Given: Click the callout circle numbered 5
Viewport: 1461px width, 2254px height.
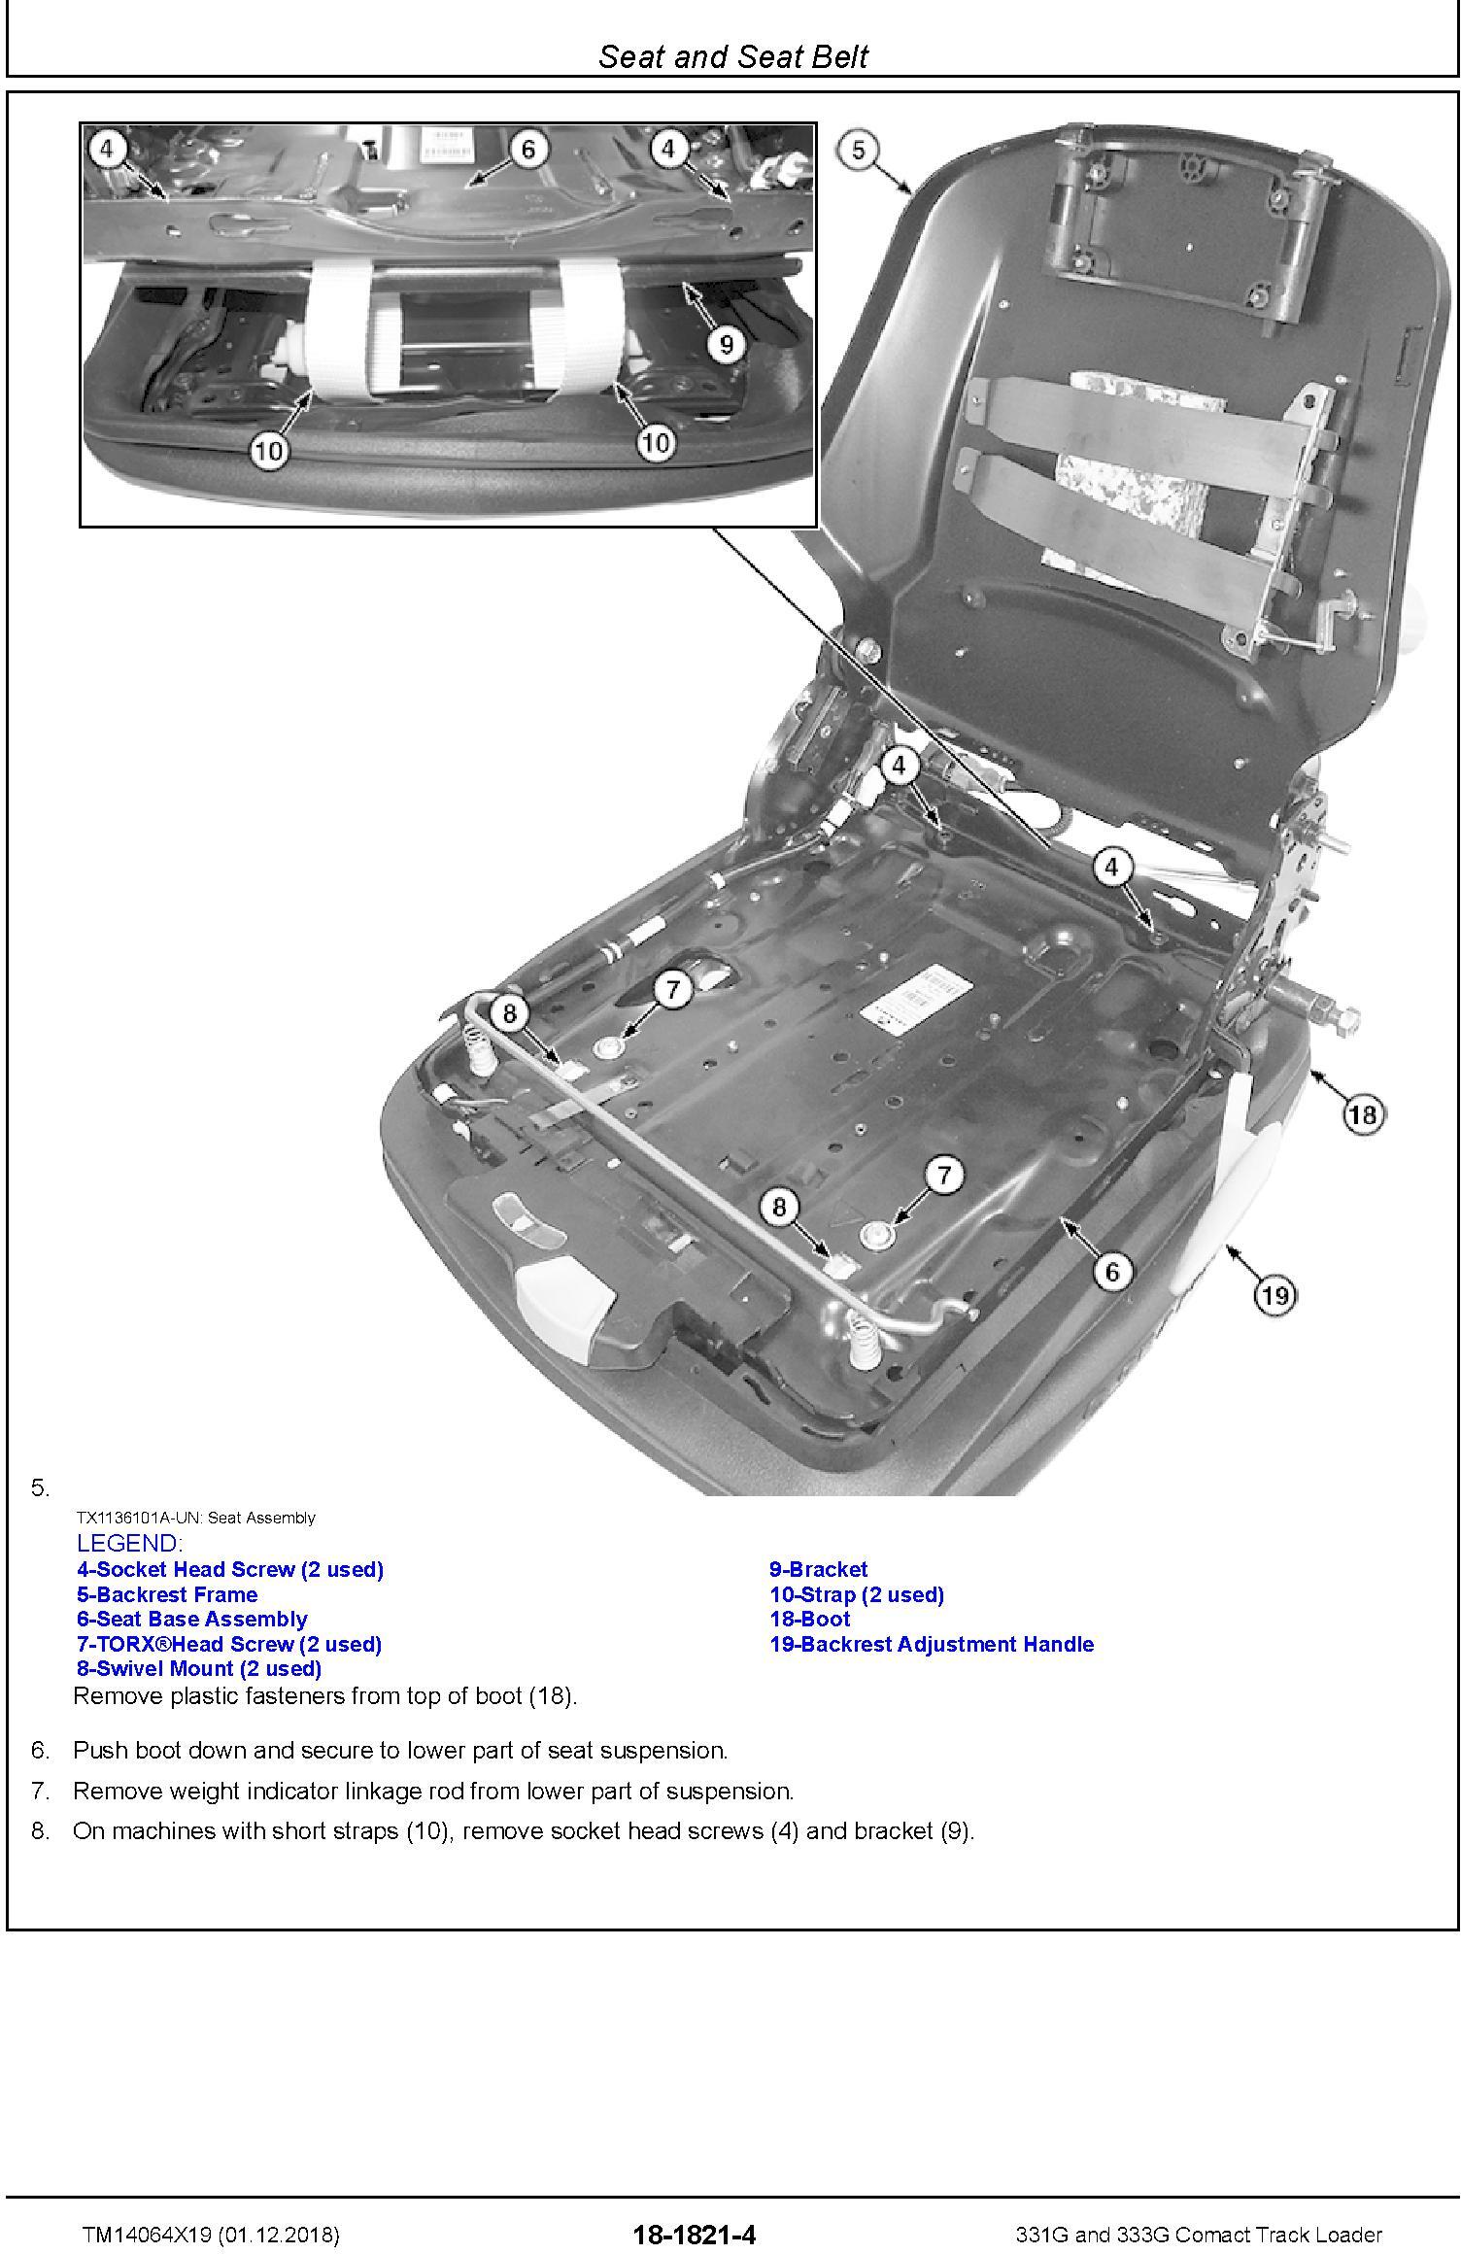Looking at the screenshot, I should (x=857, y=151).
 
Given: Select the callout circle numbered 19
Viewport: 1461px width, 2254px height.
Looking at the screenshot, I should (x=1275, y=1294).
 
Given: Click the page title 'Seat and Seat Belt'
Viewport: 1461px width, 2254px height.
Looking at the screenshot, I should (x=732, y=56).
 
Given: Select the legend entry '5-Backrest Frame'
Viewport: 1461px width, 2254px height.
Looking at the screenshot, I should (x=167, y=1594).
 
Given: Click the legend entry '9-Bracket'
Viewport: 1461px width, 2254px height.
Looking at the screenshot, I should (x=818, y=1569).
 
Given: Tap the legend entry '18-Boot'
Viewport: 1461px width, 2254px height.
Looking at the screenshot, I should (x=809, y=1619).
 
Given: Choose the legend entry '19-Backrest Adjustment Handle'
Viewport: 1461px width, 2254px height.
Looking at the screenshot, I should (x=931, y=1644).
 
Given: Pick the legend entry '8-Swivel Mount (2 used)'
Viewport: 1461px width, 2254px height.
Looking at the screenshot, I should (x=199, y=1668).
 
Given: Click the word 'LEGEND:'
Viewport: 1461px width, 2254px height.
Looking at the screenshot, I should (x=128, y=1543).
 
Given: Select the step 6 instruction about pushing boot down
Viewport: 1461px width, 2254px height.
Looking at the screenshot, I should (x=399, y=1751).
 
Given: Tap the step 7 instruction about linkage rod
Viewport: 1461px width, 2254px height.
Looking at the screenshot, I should (x=433, y=1791).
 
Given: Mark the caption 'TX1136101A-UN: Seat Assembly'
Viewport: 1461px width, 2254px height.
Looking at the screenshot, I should (x=195, y=1518).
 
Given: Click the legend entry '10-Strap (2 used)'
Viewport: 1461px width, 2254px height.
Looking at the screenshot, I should (x=856, y=1594).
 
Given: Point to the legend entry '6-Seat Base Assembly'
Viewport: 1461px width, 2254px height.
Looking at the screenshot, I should (x=192, y=1619).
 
